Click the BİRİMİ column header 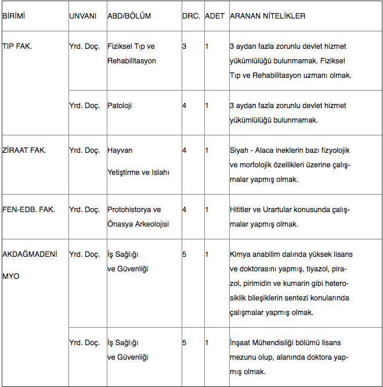[x=14, y=16]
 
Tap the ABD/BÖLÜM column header [x=129, y=16]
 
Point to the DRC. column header [x=191, y=16]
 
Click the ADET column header [x=215, y=16]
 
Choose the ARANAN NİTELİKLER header [x=268, y=16]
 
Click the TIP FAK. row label [x=17, y=46]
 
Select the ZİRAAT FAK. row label [x=24, y=150]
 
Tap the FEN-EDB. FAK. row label [x=28, y=209]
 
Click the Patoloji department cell [x=120, y=105]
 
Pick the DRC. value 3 [x=185, y=46]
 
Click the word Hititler [x=242, y=209]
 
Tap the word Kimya [x=240, y=254]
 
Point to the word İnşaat [x=241, y=343]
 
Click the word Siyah [x=240, y=150]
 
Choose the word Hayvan [x=120, y=150]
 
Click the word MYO [x=11, y=276]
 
